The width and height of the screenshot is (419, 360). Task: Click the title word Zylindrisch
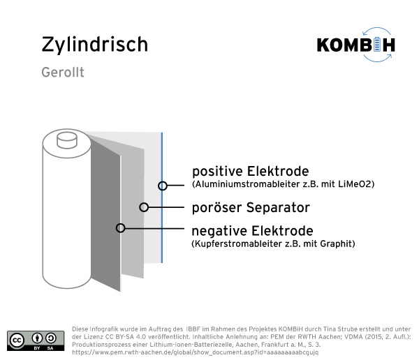[x=94, y=45]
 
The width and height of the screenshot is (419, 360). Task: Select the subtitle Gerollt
[x=63, y=72]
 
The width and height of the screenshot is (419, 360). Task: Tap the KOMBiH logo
[x=356, y=45]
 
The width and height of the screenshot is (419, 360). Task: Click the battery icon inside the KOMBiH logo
[x=377, y=45]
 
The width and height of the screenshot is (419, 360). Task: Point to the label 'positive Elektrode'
[x=251, y=171]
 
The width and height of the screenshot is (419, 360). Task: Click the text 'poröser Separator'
[x=251, y=207]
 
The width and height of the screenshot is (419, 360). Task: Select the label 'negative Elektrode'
[x=253, y=231]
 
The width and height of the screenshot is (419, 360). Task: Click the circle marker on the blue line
[x=163, y=186]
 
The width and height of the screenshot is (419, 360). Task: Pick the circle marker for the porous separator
[x=144, y=207]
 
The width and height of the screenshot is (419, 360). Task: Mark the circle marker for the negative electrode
[x=121, y=228]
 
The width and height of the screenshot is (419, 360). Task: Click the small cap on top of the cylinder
[x=67, y=140]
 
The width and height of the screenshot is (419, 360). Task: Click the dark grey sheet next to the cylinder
[x=105, y=213]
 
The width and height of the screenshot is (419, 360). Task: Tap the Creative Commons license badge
[x=36, y=340]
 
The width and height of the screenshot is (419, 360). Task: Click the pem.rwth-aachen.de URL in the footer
[x=195, y=352]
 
